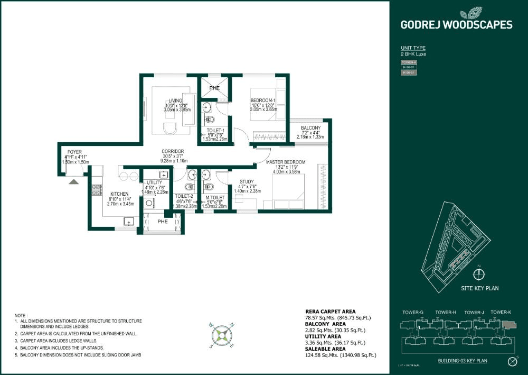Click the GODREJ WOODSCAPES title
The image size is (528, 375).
coord(456,24)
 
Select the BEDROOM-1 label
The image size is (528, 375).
coord(262,100)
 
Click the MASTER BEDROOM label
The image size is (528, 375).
coord(285,161)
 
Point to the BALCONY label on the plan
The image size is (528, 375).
coord(311,128)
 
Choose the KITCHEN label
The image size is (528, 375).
coord(119,194)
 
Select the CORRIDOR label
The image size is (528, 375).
coord(172,151)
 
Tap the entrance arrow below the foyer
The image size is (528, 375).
coord(74,181)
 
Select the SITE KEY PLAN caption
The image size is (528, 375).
coord(479,288)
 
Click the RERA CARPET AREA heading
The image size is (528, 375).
coord(331,312)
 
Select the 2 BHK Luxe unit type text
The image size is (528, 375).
coord(413,54)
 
